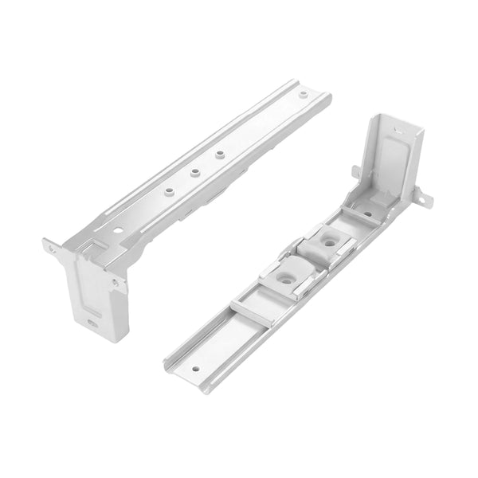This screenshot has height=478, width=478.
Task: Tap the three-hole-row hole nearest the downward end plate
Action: coord(168,190)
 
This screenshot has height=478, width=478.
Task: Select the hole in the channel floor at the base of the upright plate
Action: coord(367,214)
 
